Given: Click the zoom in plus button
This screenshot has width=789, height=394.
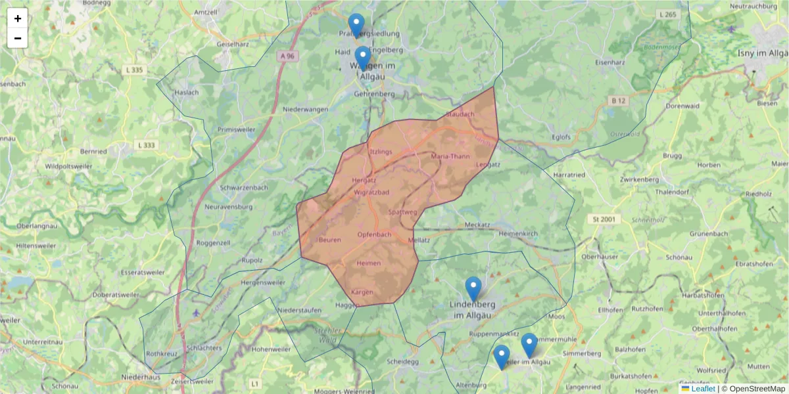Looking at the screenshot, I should (18, 18).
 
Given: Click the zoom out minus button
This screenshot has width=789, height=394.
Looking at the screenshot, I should (18, 38).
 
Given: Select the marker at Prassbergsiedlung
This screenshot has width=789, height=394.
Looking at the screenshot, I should (356, 26).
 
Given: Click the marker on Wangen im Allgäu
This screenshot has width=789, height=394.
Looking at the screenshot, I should (363, 58).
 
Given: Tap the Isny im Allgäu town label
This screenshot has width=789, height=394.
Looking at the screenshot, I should (762, 53).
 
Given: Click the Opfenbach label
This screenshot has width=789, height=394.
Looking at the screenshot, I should (375, 234).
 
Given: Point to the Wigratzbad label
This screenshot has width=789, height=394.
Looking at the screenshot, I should (371, 192).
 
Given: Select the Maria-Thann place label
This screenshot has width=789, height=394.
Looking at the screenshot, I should (450, 156).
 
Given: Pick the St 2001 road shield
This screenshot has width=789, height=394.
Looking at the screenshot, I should (602, 219).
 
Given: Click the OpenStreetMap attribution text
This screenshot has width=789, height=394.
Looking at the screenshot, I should (753, 389).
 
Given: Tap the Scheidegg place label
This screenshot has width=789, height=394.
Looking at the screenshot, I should (403, 361).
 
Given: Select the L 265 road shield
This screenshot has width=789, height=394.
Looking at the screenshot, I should (667, 14).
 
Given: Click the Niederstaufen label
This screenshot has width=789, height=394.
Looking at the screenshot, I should (300, 310).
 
